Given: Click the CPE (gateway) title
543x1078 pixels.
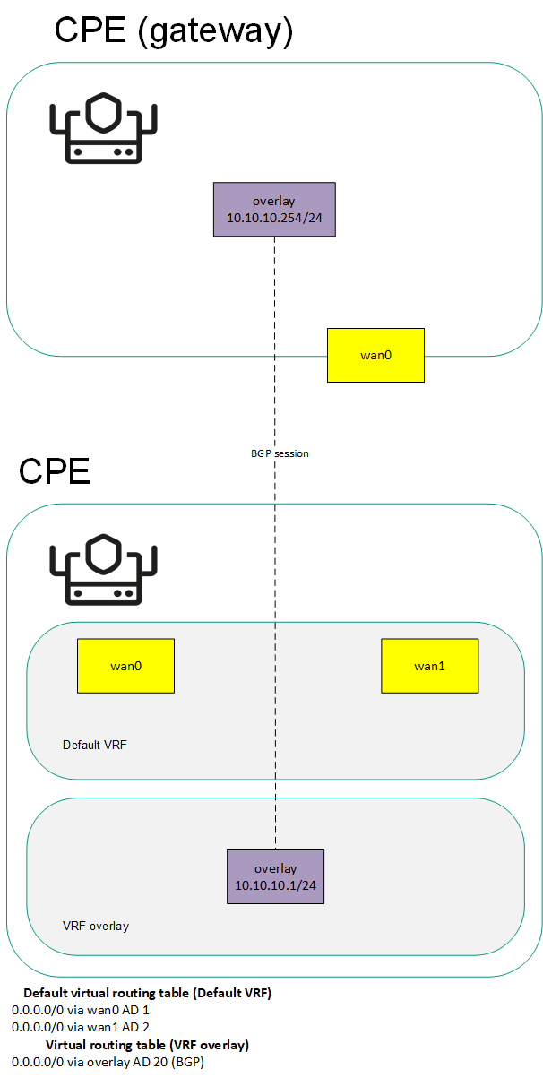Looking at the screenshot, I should point(175,30).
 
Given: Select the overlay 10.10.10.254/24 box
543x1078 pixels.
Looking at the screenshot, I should point(274,209).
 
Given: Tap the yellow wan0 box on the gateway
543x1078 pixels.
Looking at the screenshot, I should point(375,355).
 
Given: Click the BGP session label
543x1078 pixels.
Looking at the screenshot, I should point(280,453).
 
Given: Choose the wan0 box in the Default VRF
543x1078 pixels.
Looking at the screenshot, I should point(125,666).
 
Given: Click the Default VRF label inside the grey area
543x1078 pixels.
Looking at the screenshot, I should point(89,745).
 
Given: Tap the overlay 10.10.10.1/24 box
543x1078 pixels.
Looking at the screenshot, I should point(275,876).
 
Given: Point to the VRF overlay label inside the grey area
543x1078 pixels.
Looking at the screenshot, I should point(96,926).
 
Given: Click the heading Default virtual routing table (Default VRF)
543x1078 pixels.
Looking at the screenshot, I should point(147,993).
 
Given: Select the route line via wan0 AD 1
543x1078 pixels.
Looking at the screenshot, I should point(81,1010).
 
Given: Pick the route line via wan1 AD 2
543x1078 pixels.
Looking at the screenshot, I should point(81,1027).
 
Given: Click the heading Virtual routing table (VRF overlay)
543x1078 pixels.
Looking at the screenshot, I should point(147,1045).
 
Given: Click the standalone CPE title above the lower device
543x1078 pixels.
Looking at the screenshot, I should point(55,470).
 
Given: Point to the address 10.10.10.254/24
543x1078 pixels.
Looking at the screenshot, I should point(274,218).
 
